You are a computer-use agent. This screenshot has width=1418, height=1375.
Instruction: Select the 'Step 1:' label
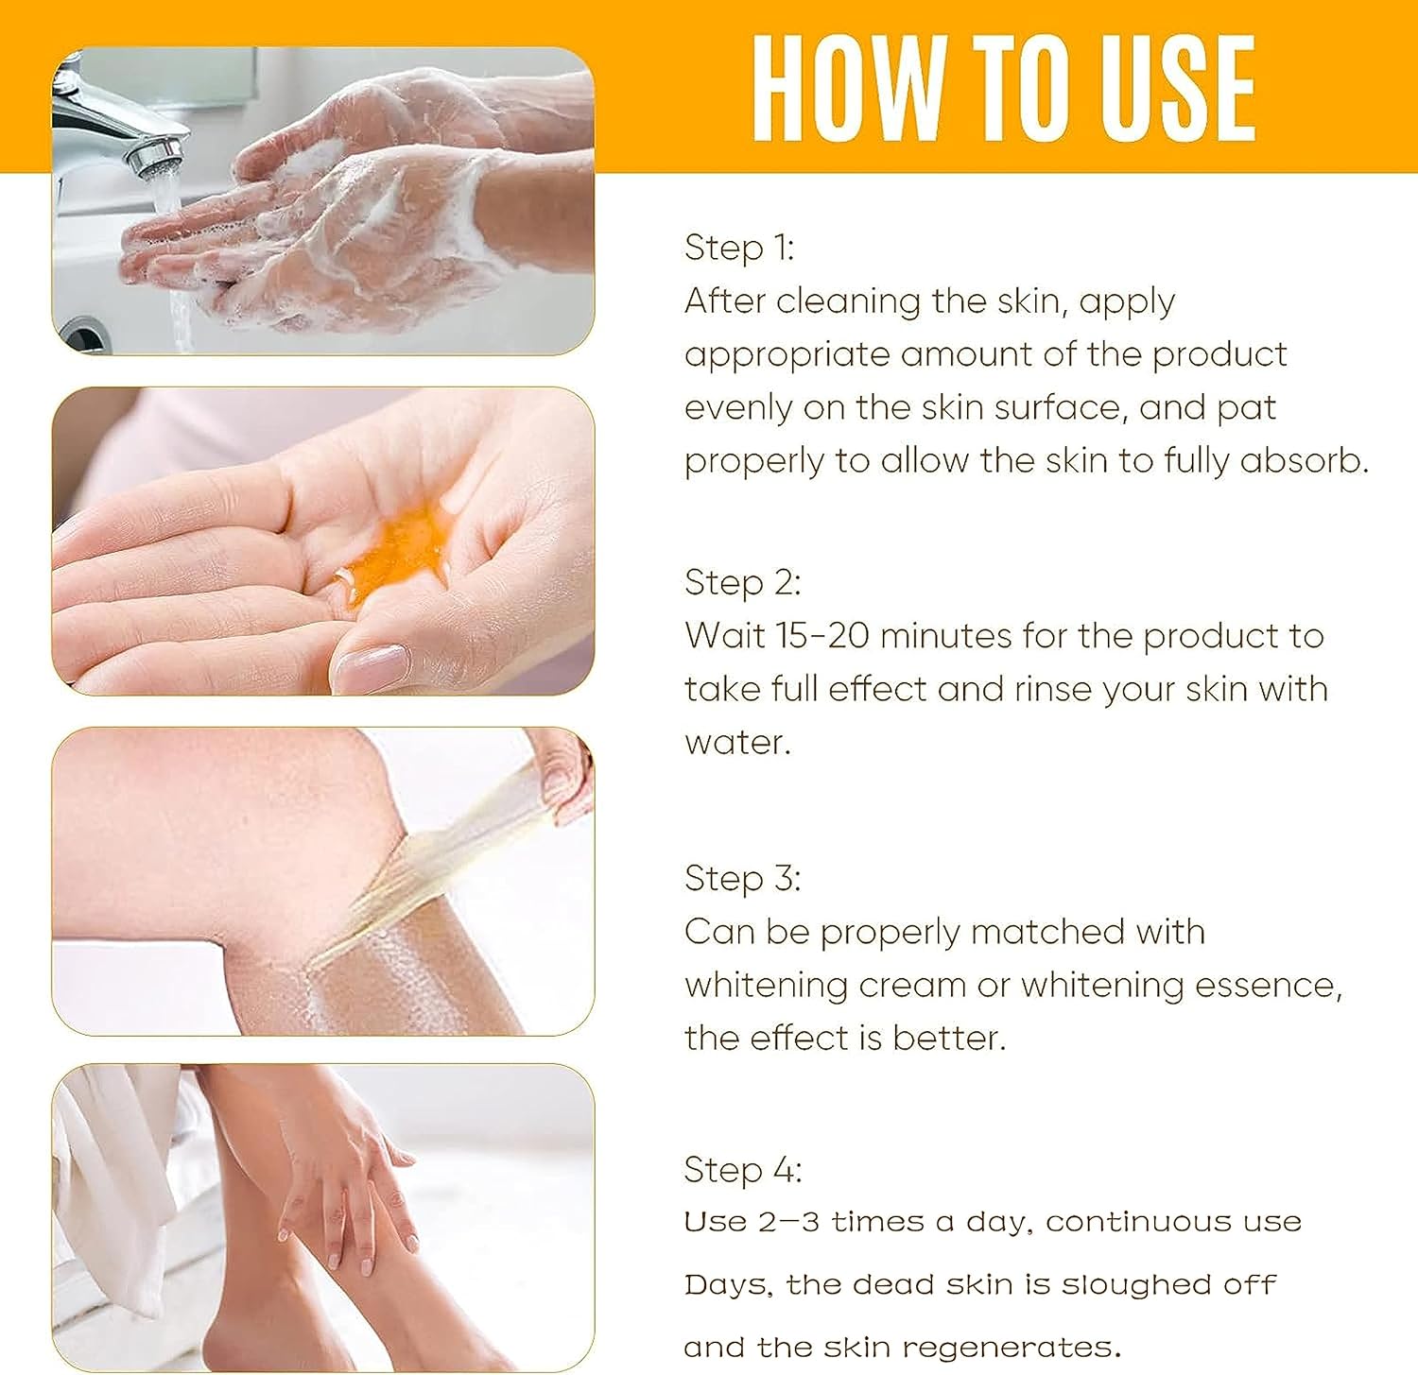(x=739, y=248)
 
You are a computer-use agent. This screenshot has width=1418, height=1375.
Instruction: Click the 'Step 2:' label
(x=742, y=582)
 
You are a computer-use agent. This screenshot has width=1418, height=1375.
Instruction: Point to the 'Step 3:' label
(x=742, y=878)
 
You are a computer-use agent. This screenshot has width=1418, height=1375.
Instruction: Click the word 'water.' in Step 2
(x=737, y=743)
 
